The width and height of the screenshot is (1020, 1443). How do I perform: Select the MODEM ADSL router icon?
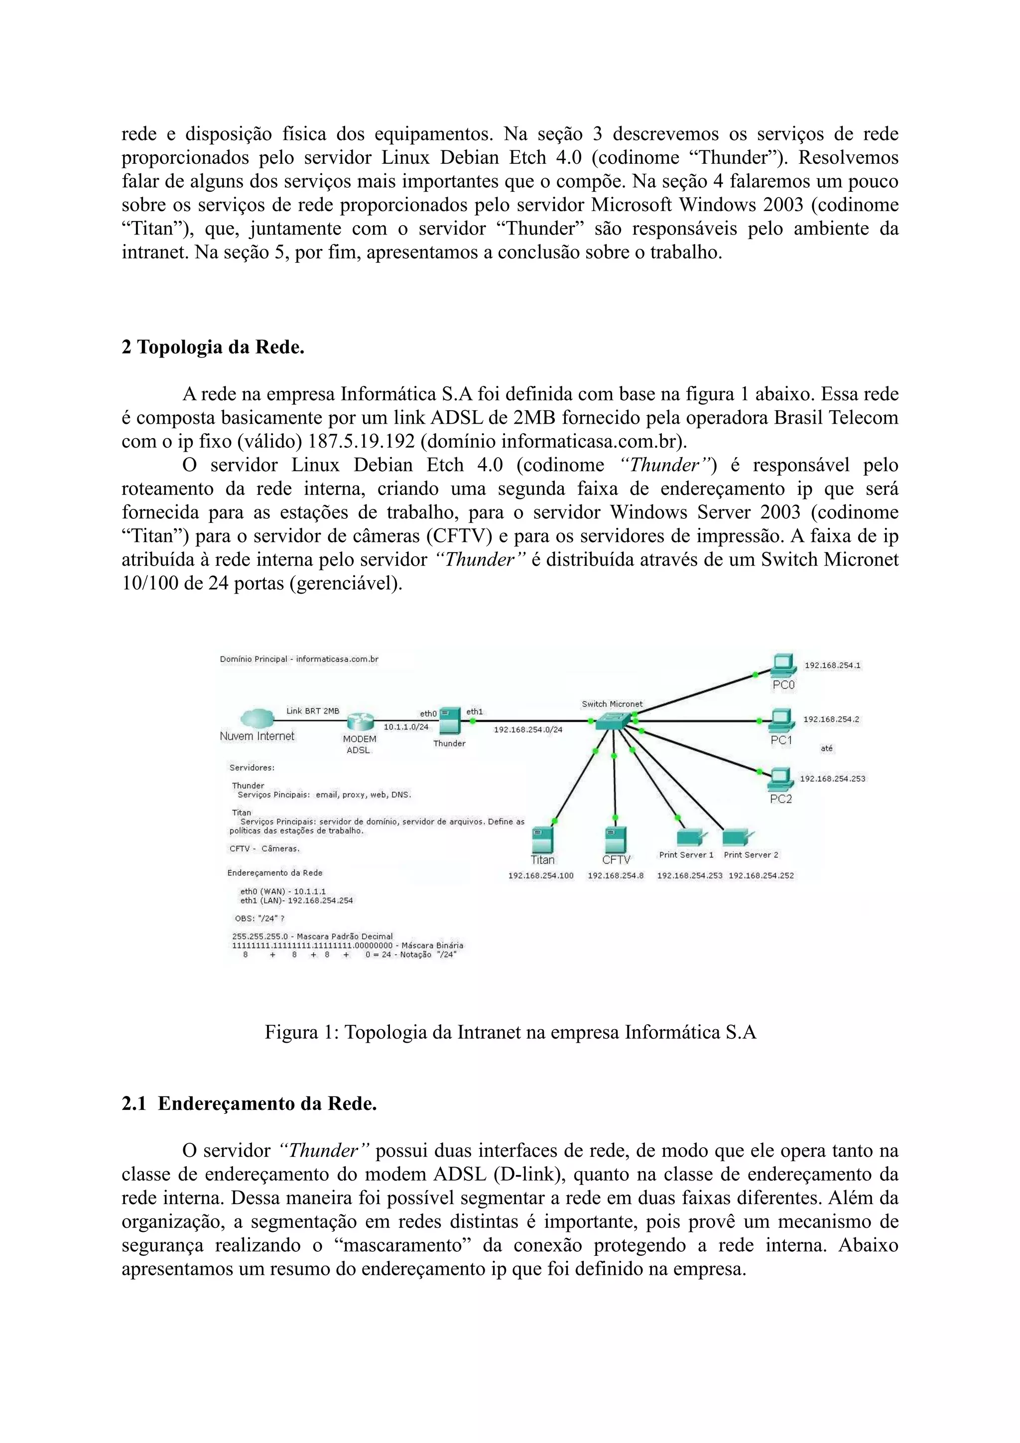pyautogui.click(x=360, y=722)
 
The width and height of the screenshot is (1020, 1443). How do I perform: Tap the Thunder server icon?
pyautogui.click(x=449, y=721)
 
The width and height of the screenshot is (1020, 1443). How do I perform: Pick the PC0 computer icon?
pyautogui.click(x=783, y=666)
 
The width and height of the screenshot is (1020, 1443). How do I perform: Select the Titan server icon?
pyautogui.click(x=542, y=839)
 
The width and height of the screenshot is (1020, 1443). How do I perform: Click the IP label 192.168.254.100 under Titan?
pyautogui.click(x=540, y=875)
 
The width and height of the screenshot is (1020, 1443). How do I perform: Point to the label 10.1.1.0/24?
pyautogui.click(x=406, y=726)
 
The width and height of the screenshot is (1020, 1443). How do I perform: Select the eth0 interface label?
pyautogui.click(x=428, y=714)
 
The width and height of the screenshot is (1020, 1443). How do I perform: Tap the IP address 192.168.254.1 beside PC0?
pyautogui.click(x=833, y=665)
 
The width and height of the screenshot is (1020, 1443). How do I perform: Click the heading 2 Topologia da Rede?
pyautogui.click(x=213, y=347)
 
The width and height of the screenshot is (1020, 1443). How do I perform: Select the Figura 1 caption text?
pyautogui.click(x=510, y=1032)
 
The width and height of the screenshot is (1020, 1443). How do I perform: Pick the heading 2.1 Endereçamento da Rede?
pyautogui.click(x=249, y=1103)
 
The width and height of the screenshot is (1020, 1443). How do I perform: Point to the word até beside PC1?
pyautogui.click(x=826, y=748)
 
